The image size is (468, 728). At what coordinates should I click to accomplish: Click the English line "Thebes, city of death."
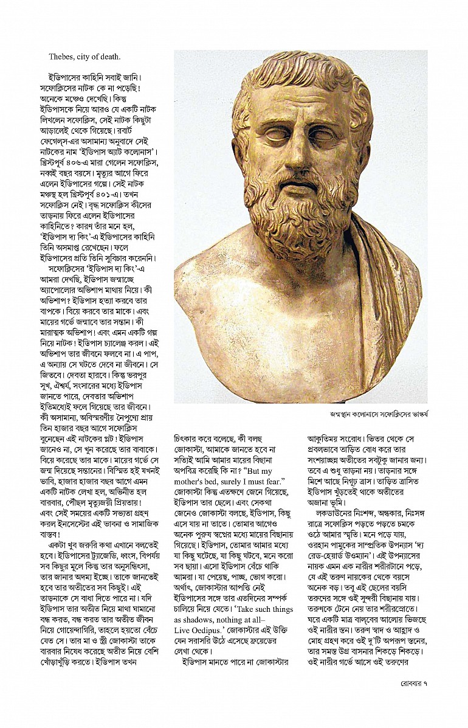coord(85,57)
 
